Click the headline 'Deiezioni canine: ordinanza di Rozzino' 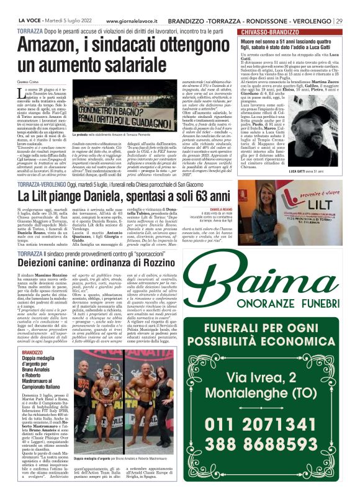click(96, 263)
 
